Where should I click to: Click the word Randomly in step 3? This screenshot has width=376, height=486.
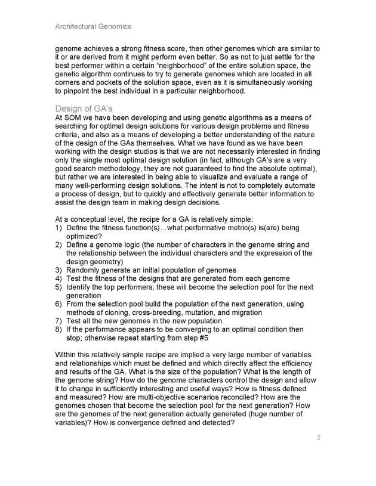point(84,270)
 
